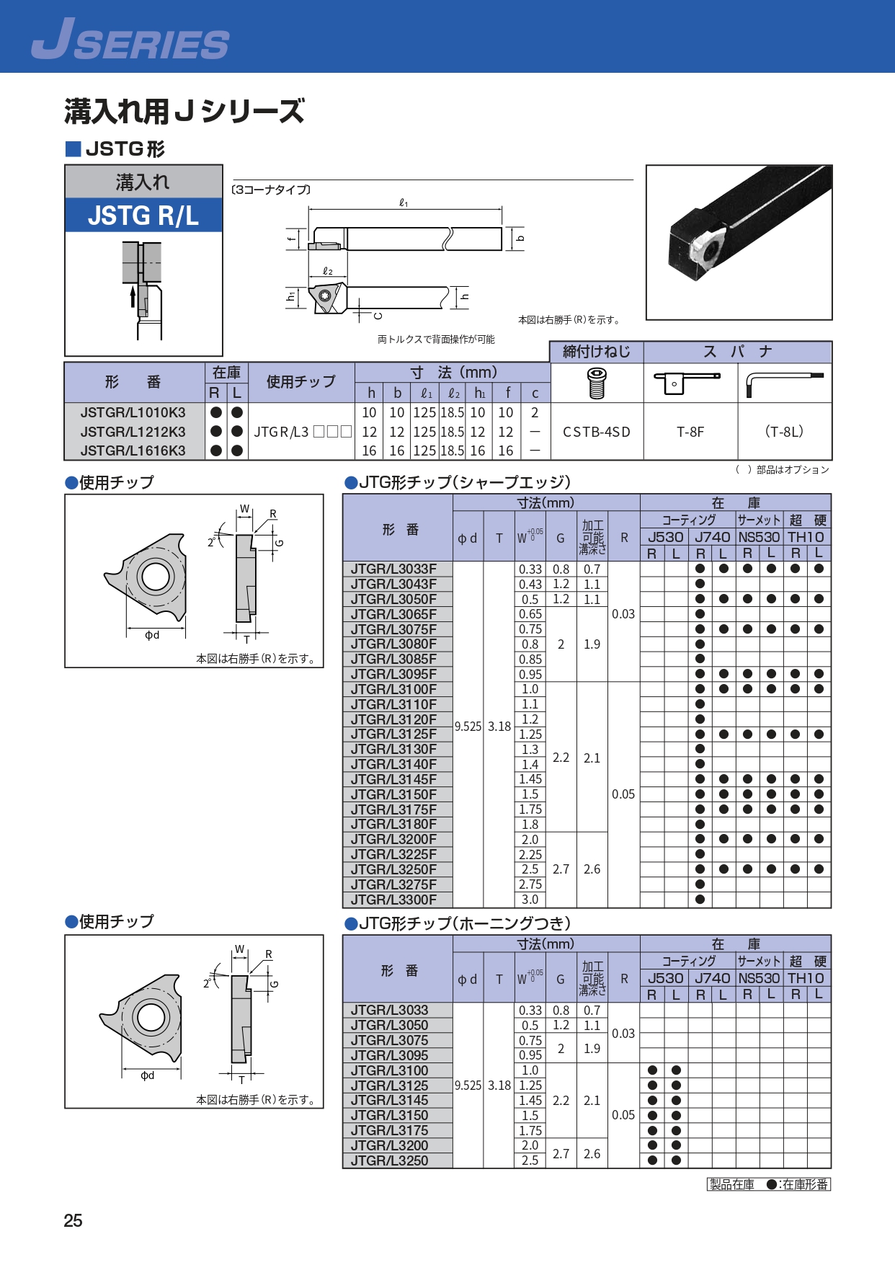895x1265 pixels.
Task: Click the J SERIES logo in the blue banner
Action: click(130, 39)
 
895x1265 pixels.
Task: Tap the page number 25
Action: click(73, 1221)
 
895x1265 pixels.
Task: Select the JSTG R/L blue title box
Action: click(143, 216)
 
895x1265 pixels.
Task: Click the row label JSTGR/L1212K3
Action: click(133, 432)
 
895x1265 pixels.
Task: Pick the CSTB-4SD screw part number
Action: click(597, 432)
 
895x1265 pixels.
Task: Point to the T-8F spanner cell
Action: click(690, 432)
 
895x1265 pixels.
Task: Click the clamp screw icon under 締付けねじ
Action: click(597, 383)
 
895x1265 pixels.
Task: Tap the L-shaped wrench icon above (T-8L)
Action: click(784, 383)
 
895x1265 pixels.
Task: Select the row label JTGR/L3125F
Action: click(393, 734)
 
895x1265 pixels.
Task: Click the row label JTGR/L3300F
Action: click(393, 900)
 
